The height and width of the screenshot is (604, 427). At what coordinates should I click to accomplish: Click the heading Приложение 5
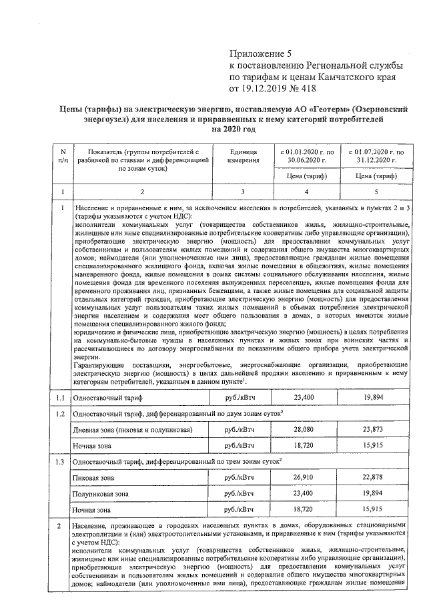pyautogui.click(x=261, y=53)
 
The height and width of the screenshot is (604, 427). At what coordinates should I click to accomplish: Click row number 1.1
pyautogui.click(x=61, y=398)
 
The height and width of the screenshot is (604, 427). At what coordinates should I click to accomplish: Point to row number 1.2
pyautogui.click(x=61, y=414)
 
